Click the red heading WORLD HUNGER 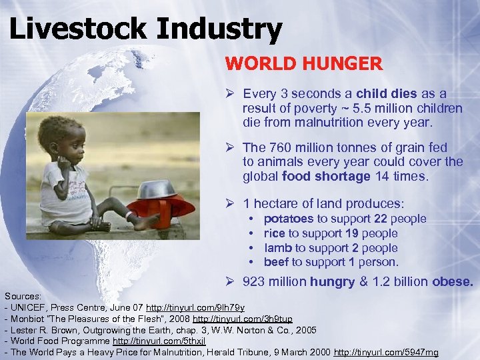point(303,64)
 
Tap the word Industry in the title point(225,29)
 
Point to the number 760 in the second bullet point(279,147)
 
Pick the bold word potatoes point(289,219)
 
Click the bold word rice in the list point(274,233)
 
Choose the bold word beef point(277,262)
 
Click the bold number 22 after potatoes point(381,219)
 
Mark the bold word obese point(453,281)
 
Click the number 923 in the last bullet point(253,281)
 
